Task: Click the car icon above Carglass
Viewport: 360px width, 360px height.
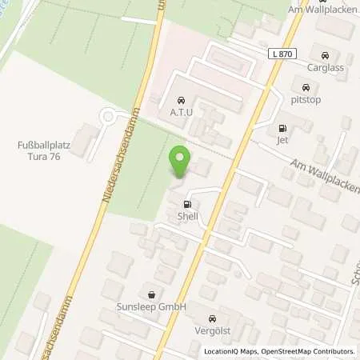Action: (324, 56)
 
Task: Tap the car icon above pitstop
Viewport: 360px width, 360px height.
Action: (306, 87)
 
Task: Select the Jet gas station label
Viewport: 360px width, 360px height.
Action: (282, 141)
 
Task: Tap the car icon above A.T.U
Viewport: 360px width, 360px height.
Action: (181, 101)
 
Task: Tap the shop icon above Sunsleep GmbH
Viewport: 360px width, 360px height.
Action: (150, 293)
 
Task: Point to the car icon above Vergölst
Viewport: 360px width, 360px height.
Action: (211, 316)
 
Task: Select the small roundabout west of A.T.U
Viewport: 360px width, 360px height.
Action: (106, 118)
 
